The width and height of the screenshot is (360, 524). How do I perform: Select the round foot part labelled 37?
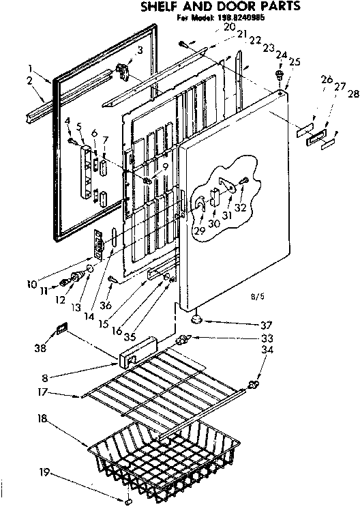198,317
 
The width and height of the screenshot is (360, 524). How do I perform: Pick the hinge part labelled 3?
124,70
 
